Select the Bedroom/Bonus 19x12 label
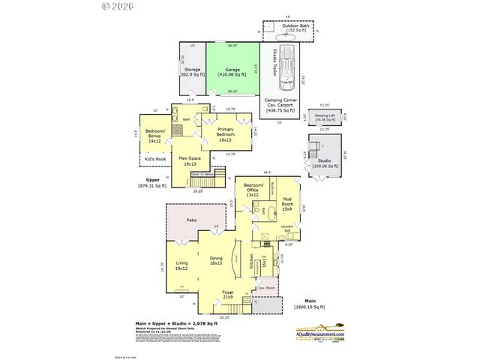pos(155,137)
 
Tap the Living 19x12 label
pos(181,265)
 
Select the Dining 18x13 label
pos(216,261)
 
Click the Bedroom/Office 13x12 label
pos(254,191)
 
